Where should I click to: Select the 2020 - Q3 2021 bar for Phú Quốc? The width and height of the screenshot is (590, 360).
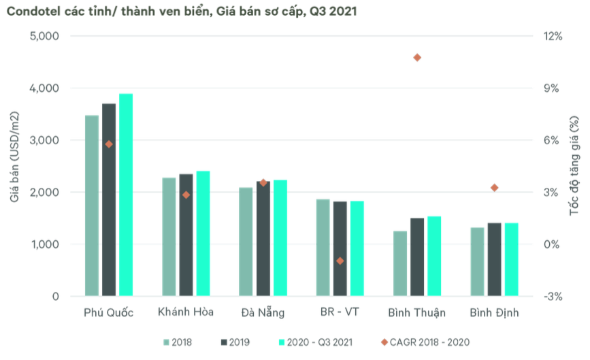pos(126,195)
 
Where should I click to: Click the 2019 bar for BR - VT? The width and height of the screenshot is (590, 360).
pos(340,248)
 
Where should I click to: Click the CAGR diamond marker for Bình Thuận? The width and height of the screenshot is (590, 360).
pos(417,57)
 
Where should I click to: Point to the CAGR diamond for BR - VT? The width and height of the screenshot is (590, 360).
pos(340,261)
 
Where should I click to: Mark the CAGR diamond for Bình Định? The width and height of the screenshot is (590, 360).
pos(495,188)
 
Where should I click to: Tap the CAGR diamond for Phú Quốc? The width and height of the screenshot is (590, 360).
pos(109,144)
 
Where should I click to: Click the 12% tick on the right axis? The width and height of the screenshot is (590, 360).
pos(552,36)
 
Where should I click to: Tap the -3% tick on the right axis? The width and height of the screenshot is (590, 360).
pos(552,296)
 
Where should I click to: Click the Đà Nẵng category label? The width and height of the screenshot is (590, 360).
pos(263,313)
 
